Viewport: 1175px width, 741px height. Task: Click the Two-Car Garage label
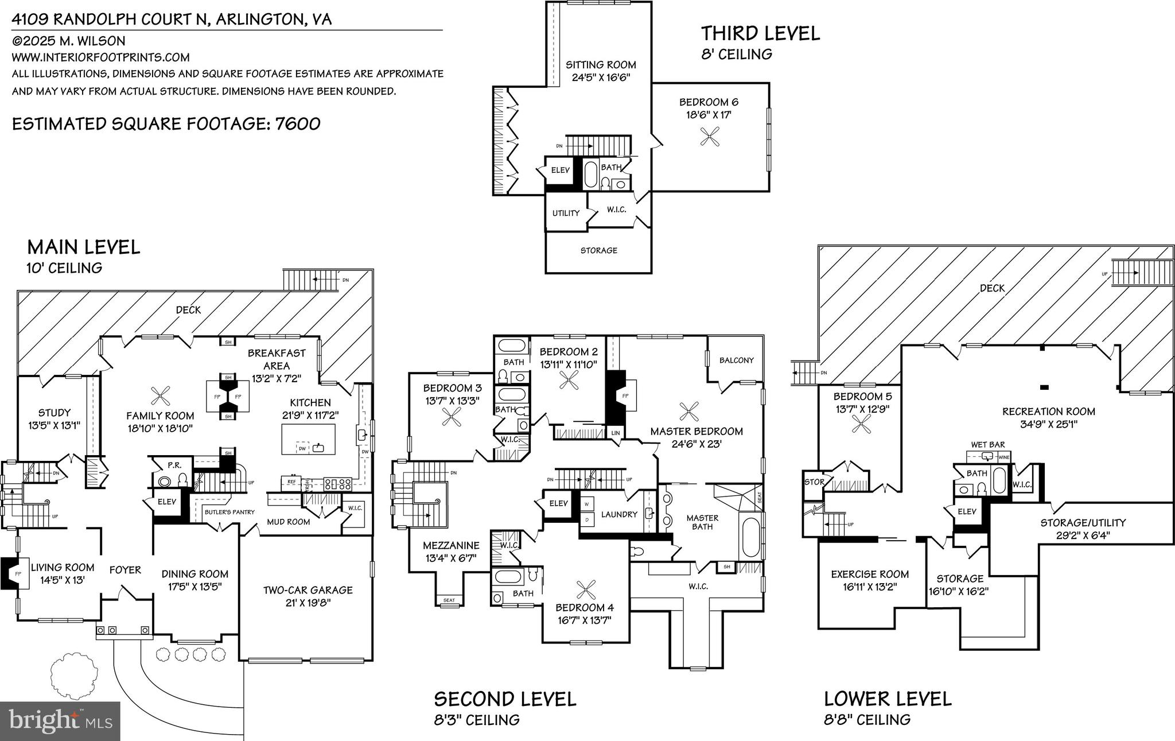click(308, 590)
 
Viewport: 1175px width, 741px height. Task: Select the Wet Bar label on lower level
click(987, 445)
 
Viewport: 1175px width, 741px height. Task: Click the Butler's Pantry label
click(229, 512)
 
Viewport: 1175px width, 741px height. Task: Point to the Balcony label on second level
click(736, 360)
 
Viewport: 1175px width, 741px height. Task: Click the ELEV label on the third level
click(560, 170)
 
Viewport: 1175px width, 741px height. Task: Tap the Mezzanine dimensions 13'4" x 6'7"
click(450, 558)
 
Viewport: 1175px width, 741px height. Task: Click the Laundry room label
click(619, 514)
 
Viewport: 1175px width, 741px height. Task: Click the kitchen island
click(308, 439)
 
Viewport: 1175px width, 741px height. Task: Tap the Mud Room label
click(288, 522)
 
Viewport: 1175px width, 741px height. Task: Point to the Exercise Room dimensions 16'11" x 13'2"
click(870, 587)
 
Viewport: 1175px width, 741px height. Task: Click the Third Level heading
click(760, 33)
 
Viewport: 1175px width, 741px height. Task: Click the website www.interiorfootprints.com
click(100, 57)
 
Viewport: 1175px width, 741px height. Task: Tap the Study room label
click(55, 413)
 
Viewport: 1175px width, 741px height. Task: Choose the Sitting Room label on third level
click(601, 65)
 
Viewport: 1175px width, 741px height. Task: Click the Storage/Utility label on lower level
click(1083, 523)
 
